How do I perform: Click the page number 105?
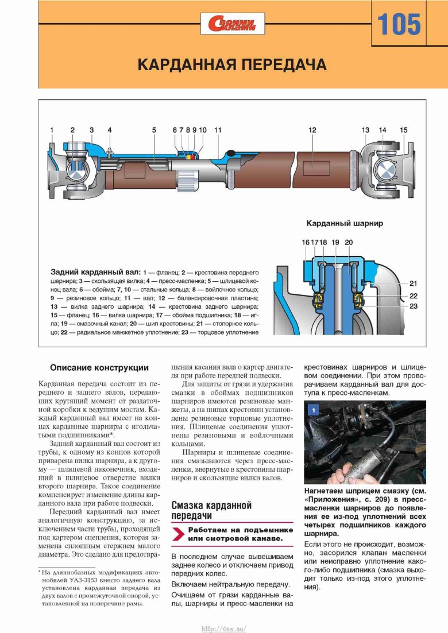pos(399,25)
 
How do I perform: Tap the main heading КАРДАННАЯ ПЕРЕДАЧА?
pos(232,64)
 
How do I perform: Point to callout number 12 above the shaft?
pos(312,130)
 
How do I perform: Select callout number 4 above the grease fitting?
pos(109,130)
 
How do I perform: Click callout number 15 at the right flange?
pos(404,130)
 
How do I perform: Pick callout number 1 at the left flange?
pos(52,130)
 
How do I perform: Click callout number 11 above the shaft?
pos(218,130)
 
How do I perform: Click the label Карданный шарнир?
pos(345,223)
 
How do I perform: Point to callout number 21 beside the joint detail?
pos(413,283)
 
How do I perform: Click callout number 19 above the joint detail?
pos(335,242)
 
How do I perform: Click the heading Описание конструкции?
pos(99,368)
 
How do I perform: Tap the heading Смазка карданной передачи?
pos(212,510)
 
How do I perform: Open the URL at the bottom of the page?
pos(223,628)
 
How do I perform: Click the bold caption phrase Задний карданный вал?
pos(95,271)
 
